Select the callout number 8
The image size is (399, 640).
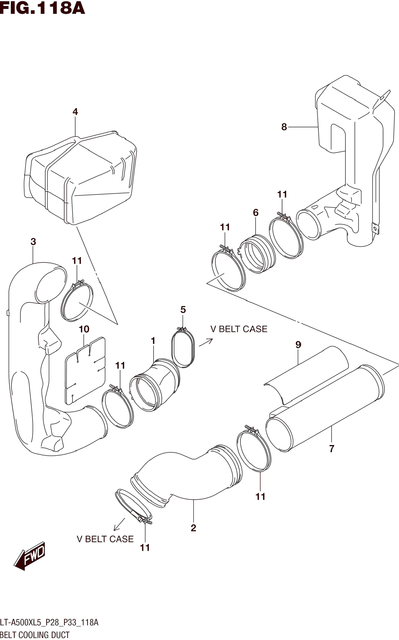coord(284,127)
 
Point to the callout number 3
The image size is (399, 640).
coord(33,242)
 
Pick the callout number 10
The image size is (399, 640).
coord(84,329)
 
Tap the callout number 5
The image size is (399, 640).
coord(183,310)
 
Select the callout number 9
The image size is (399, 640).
coord(298,344)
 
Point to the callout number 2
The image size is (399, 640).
coord(193,528)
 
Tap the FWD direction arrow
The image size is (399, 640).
coord(30,556)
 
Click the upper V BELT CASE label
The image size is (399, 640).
coord(239,329)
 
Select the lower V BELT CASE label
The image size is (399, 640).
coord(105,539)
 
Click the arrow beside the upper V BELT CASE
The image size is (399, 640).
coord(206,342)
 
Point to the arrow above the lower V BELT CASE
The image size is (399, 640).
coord(119,524)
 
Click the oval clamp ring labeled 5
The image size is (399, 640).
coord(183,347)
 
